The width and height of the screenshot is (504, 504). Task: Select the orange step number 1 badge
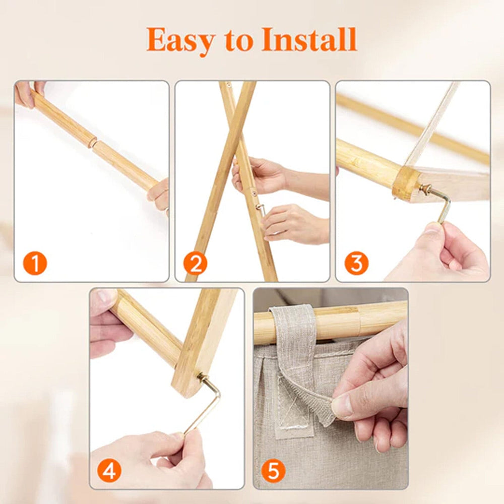pos(35,263)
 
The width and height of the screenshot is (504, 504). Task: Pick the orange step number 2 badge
pos(196,264)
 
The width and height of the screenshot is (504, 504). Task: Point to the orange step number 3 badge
pos(356,264)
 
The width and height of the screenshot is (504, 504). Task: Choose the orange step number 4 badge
pos(109,471)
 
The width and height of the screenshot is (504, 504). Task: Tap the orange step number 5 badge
pos(274,471)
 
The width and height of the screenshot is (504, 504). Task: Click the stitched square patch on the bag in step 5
pos(294,408)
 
